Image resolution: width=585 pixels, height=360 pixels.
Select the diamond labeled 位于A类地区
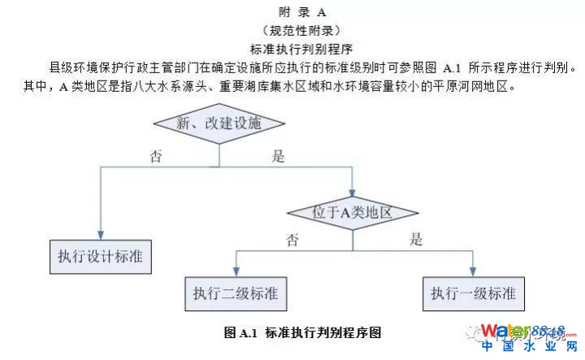coord(352,213)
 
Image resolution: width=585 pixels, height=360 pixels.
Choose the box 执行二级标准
coord(236,293)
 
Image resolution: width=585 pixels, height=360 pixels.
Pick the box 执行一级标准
coord(472,293)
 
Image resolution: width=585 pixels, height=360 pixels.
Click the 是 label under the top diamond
coord(278,156)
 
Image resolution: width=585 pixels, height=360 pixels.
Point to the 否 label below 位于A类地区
coord(292,240)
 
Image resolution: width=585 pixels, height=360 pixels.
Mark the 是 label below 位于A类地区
coord(416,240)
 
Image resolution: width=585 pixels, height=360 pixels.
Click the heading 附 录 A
coord(303,12)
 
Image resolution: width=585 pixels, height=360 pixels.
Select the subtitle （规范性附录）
coord(301,31)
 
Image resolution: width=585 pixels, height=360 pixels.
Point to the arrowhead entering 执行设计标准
coord(100,233)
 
